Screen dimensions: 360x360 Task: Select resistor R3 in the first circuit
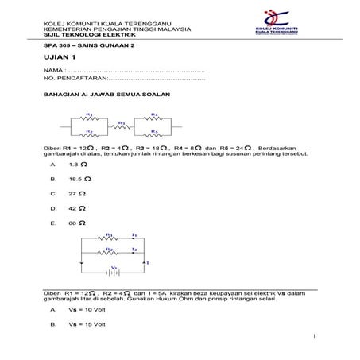122,127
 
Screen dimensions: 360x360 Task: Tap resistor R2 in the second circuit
111,251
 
